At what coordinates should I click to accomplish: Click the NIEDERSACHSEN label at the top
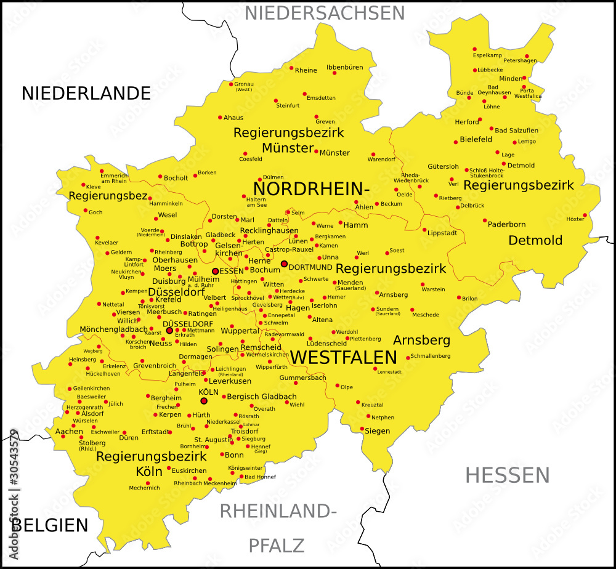325,13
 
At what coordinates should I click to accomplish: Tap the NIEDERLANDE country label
86,93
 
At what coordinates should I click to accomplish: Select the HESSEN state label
507,475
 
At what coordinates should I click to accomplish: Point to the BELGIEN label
52,525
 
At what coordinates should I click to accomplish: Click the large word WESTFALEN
343,357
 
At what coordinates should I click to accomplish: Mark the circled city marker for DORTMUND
284,264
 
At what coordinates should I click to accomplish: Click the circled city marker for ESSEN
216,271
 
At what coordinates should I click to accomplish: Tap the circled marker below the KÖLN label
204,401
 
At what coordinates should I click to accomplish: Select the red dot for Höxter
585,215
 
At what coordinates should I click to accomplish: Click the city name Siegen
377,431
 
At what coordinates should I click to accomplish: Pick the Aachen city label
69,432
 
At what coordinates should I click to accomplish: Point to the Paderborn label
506,224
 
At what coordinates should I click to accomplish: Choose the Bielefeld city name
476,140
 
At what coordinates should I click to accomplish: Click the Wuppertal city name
240,331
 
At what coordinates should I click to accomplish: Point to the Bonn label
234,455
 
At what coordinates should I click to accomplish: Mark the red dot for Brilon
459,297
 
